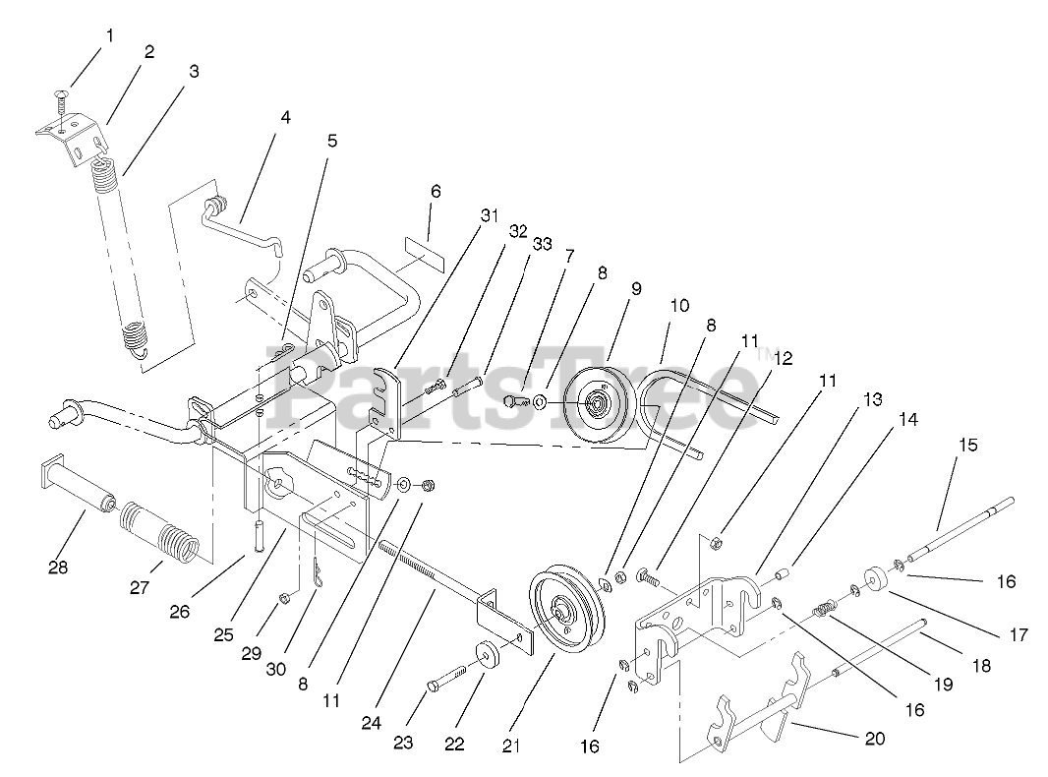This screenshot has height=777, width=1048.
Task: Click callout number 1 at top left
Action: coord(109,36)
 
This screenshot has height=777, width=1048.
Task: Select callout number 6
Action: coord(436,192)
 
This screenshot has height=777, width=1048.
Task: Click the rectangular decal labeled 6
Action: coord(425,254)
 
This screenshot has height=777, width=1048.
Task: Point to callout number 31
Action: coord(490,215)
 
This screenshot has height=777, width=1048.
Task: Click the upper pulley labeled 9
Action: coord(597,406)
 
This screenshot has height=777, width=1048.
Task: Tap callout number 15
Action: coord(967,445)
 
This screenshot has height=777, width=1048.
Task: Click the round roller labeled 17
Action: coord(875,578)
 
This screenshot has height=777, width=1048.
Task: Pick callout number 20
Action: coord(875,739)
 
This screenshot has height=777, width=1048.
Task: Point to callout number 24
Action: coord(371,723)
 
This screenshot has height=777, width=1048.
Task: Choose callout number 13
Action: coord(873,399)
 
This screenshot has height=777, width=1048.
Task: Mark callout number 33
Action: coord(542,244)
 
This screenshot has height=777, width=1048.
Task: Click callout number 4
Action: coord(285,118)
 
